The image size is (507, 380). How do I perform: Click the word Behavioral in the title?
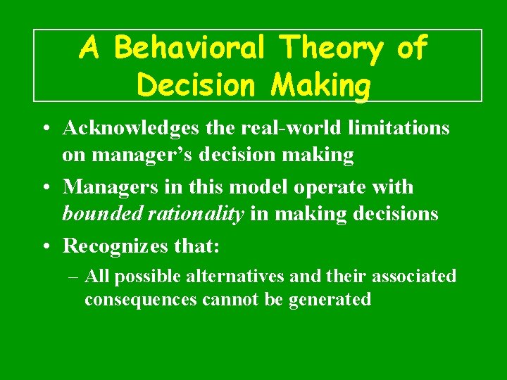click(x=189, y=49)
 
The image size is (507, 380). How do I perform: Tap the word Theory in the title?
click(x=331, y=49)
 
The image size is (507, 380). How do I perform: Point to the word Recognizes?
click(x=115, y=246)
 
